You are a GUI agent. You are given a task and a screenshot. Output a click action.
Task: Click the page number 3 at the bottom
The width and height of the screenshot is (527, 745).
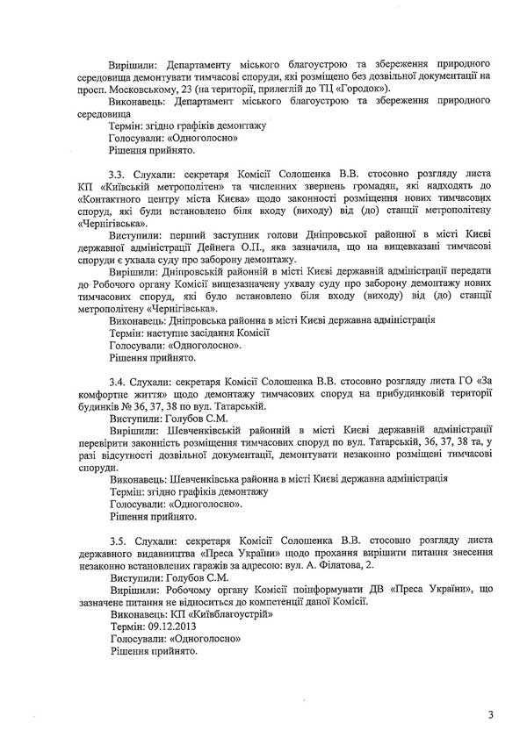point(491,716)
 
